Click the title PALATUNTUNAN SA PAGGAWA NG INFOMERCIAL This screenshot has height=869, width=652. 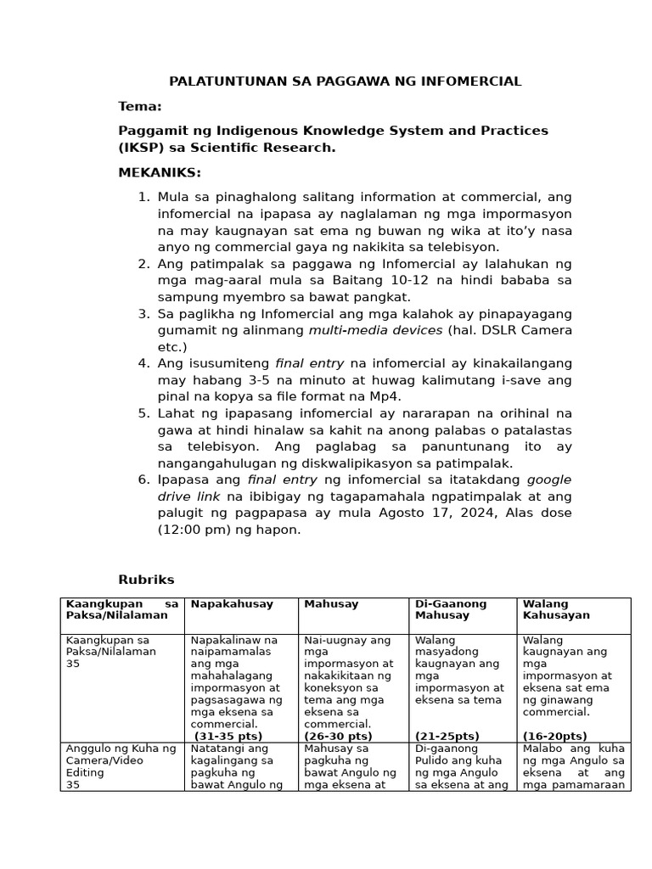pyautogui.click(x=345, y=81)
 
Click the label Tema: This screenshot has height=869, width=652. pyautogui.click(x=139, y=106)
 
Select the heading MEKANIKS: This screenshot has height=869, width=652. pyautogui.click(x=160, y=173)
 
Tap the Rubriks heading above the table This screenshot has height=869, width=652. pyautogui.click(x=146, y=580)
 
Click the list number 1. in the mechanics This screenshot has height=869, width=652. pyautogui.click(x=143, y=197)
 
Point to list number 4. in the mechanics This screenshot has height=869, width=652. pyautogui.click(x=143, y=363)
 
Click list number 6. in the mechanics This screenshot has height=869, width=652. pyautogui.click(x=143, y=479)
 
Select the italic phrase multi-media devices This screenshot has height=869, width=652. pyautogui.click(x=375, y=330)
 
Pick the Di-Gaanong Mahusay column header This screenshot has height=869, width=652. pyautogui.click(x=450, y=609)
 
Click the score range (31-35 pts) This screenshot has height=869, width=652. pyautogui.click(x=228, y=736)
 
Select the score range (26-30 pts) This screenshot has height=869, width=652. pyautogui.click(x=338, y=736)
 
